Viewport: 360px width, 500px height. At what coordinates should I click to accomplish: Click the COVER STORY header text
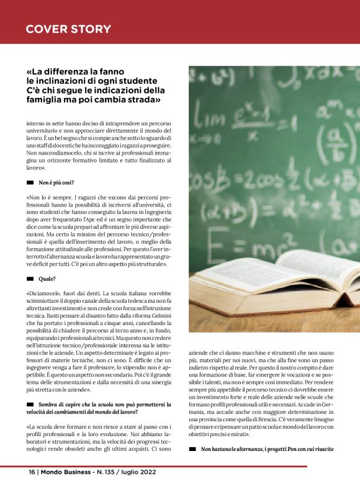(68, 29)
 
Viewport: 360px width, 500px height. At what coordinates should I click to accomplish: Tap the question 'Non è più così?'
(56, 182)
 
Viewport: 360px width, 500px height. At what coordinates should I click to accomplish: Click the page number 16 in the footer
(32, 472)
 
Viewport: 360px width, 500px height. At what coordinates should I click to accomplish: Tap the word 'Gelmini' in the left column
(160, 315)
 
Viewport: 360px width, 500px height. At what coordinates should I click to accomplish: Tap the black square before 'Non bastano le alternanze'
(192, 448)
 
